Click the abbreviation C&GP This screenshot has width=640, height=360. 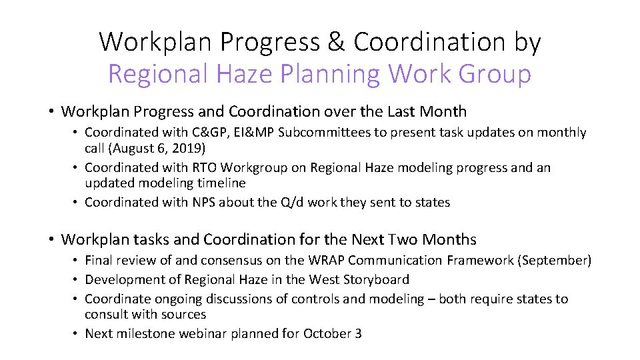[x=211, y=133]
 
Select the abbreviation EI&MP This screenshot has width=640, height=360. [x=255, y=133]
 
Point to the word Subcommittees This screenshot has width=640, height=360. [x=325, y=133]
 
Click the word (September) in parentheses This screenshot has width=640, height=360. [x=554, y=261]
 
